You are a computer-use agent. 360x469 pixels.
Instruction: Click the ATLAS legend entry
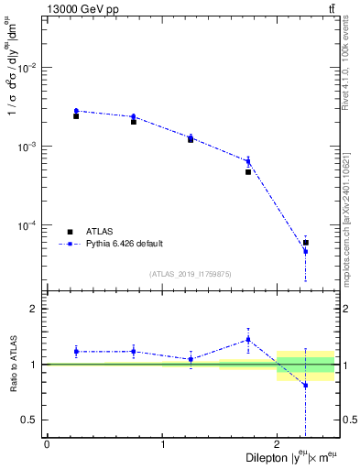click(102, 232)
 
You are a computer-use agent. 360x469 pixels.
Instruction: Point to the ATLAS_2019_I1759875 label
click(191, 274)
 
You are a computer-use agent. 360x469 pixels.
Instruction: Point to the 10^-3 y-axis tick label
click(27, 147)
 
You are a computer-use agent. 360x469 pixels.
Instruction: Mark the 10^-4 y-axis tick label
click(27, 225)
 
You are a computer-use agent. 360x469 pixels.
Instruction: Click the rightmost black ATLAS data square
click(306, 243)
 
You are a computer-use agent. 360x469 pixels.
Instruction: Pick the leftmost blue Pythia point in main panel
click(76, 111)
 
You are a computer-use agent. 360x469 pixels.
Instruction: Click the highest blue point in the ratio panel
click(248, 339)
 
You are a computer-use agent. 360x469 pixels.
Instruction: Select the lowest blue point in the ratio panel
click(306, 386)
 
